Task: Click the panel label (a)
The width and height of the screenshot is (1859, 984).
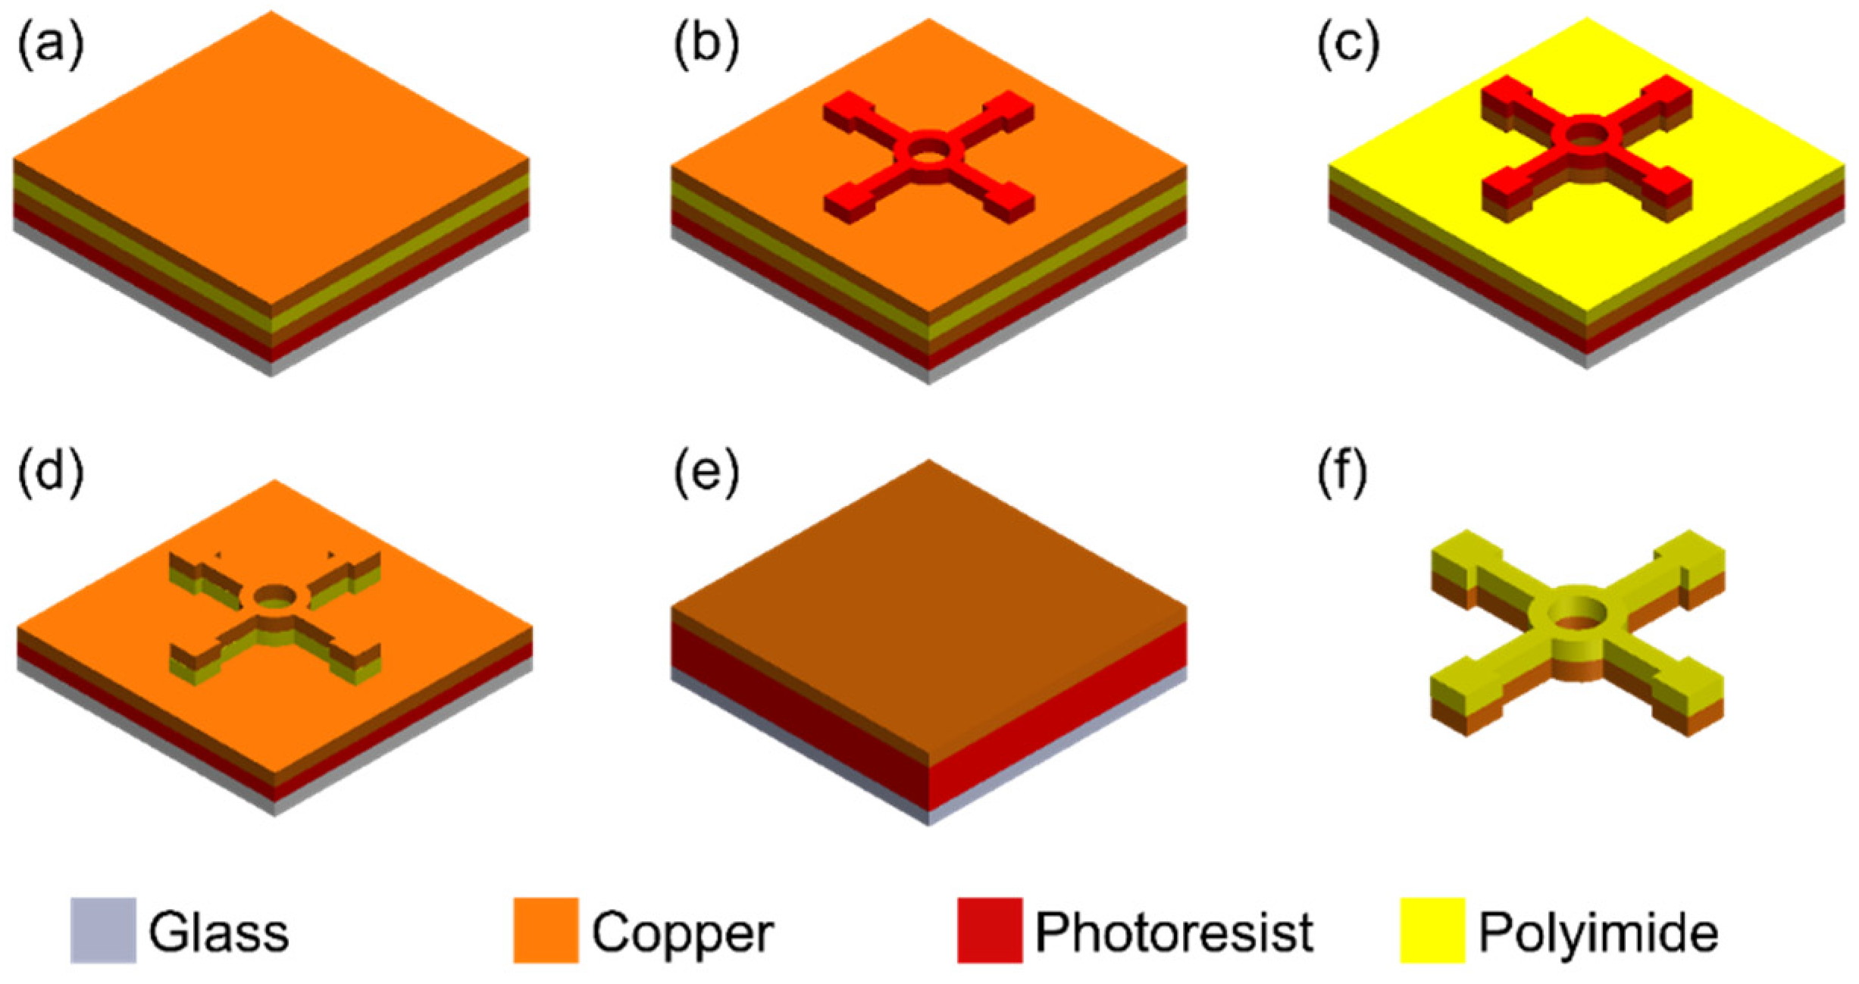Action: (51, 46)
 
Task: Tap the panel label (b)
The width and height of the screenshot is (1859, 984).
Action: (706, 46)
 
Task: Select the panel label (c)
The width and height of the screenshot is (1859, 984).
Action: (1348, 46)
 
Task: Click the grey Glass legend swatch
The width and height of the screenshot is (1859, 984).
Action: (103, 930)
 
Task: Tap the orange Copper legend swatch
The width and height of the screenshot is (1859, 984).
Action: (546, 930)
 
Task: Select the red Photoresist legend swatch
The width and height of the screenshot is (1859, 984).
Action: (989, 930)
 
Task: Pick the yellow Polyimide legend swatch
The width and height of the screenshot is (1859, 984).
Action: (1432, 930)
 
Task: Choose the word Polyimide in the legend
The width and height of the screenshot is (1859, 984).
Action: (1598, 933)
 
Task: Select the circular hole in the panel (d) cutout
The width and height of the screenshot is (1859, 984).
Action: (274, 597)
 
